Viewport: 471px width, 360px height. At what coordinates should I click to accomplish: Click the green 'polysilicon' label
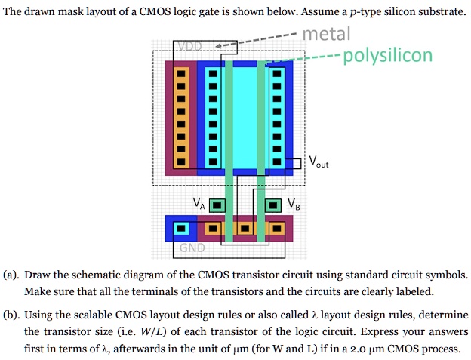point(387,56)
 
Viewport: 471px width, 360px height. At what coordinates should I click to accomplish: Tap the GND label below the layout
point(191,250)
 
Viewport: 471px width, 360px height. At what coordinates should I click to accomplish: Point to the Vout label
point(318,162)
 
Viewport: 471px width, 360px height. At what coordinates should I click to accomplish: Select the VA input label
point(199,202)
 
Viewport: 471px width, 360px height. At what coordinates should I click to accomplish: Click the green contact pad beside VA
point(217,205)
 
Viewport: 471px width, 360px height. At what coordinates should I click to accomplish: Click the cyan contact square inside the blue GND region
point(180,227)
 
